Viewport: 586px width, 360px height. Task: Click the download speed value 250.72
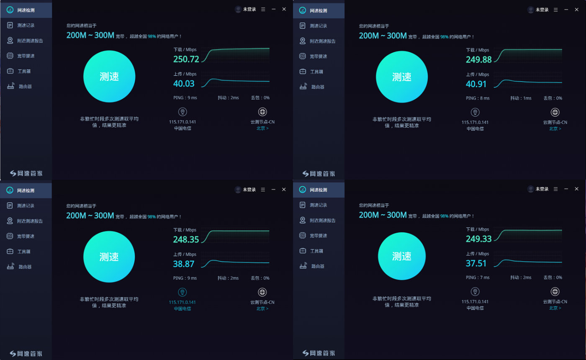[186, 59]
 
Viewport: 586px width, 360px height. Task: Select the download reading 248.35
[186, 239]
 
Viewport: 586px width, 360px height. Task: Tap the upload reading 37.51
[476, 263]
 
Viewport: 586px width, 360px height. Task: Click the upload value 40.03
[184, 84]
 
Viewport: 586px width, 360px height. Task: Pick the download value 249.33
[479, 239]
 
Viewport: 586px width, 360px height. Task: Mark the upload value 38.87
[184, 264]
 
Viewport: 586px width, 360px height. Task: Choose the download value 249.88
[479, 59]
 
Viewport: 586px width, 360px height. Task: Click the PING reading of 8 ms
[478, 98]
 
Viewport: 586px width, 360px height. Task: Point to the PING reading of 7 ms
[478, 278]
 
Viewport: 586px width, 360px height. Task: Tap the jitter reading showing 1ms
[521, 98]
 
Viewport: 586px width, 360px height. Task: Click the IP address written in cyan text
[182, 302]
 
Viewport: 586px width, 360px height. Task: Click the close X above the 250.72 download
[284, 9]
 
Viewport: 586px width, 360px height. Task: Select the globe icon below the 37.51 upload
[555, 292]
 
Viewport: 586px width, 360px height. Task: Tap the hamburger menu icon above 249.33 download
[555, 189]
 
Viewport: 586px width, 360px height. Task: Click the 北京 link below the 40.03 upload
[262, 129]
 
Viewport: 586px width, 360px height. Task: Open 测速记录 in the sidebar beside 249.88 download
[319, 26]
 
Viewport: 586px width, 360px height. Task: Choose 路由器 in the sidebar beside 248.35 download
[25, 267]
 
